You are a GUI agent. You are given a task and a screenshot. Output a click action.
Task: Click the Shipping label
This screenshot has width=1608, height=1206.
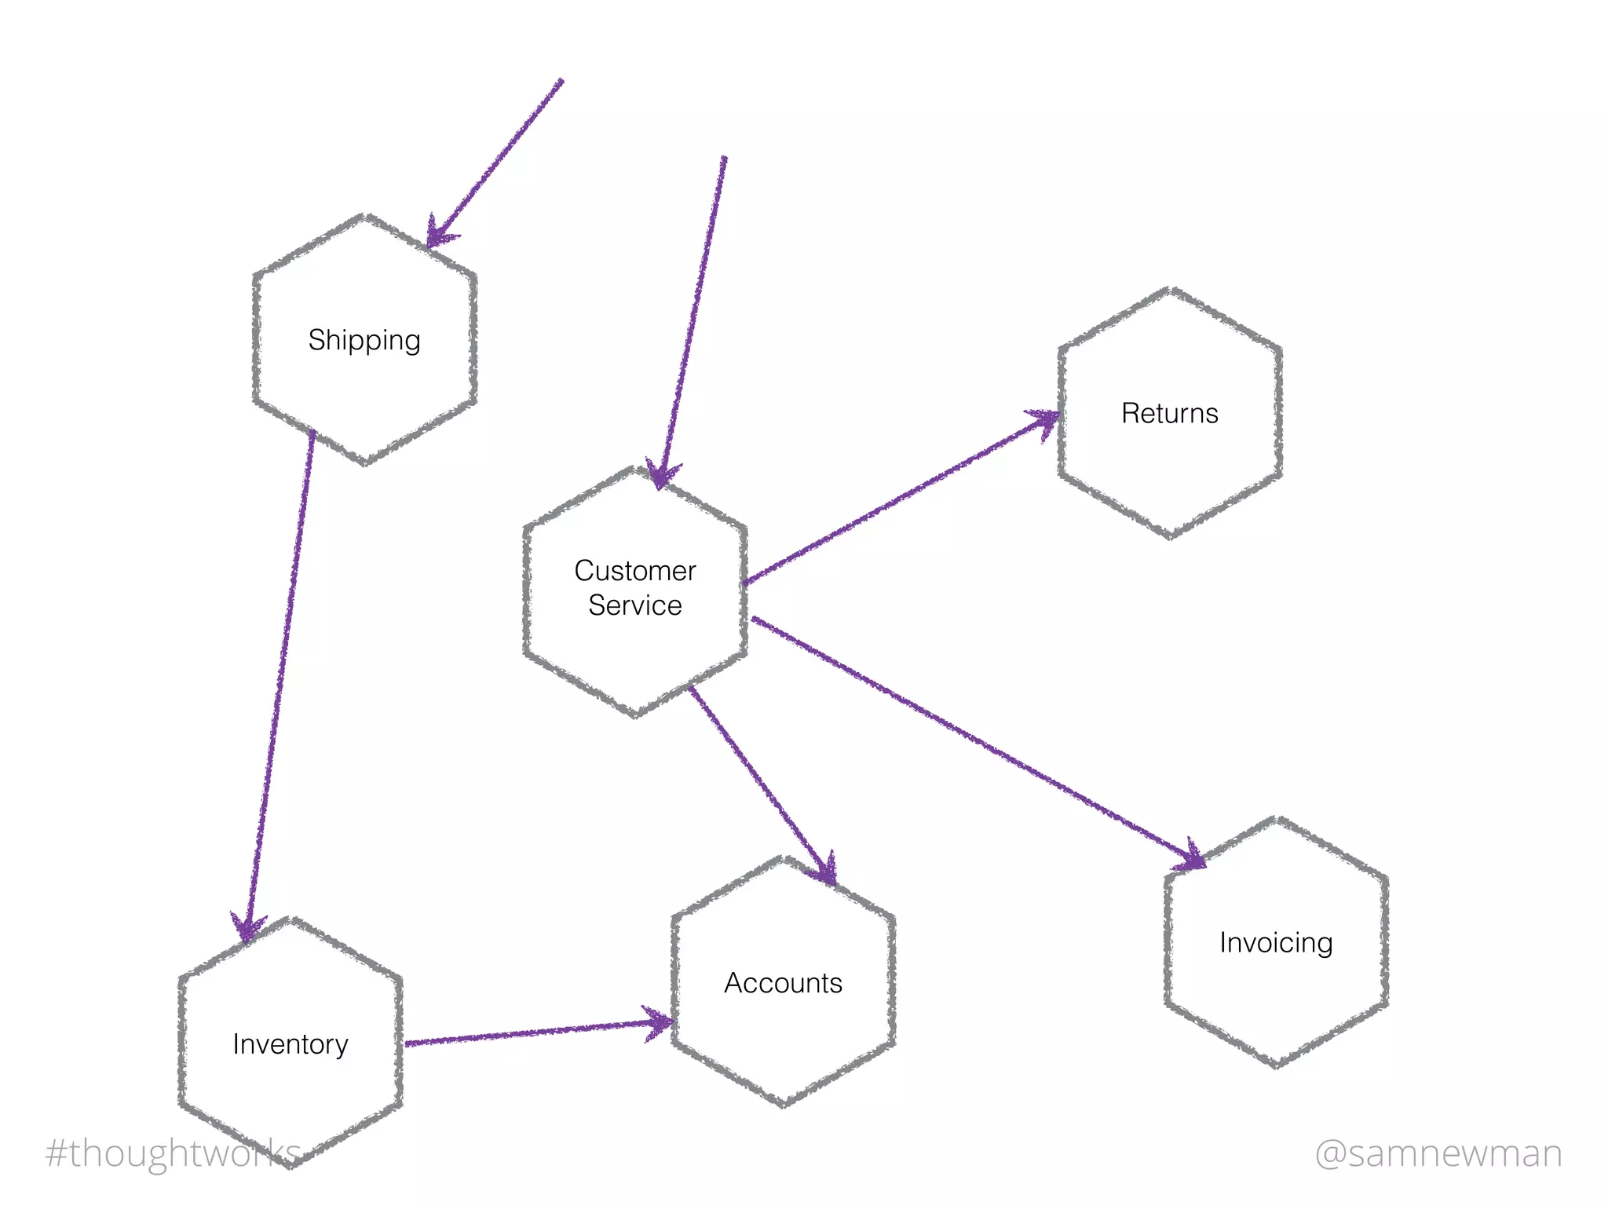pos(364,341)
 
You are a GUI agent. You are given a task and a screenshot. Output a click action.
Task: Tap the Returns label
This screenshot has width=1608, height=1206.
pos(1169,414)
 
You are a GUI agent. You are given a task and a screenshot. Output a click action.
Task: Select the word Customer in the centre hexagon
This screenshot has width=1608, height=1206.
pos(634,571)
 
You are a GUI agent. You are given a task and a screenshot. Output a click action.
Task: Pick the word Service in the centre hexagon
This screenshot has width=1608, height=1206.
pos(634,605)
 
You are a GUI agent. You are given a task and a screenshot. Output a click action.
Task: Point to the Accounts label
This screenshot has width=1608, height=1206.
pos(783,983)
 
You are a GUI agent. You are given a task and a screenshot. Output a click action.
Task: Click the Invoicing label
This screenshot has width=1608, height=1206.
pos(1276,942)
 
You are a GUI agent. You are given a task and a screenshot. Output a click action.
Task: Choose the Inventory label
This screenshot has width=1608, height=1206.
pos(291,1044)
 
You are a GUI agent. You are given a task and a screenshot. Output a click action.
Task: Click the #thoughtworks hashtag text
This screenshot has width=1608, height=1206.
pos(173,1153)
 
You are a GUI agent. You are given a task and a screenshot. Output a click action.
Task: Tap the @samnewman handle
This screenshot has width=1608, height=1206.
pos(1438,1153)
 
